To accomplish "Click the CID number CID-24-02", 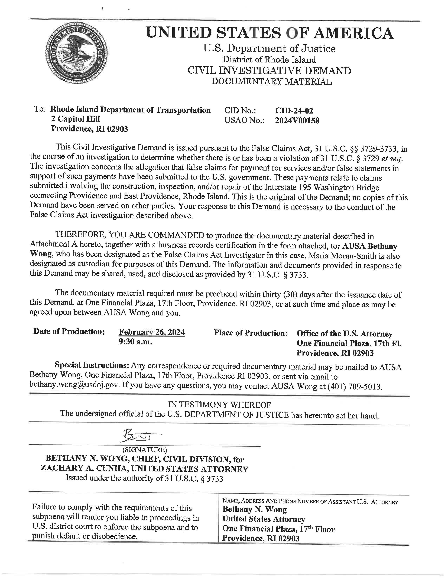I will pyautogui.click(x=294, y=111).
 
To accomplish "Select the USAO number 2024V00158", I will pyautogui.click(x=297, y=121).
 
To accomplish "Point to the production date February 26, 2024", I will pyautogui.click(x=152, y=332).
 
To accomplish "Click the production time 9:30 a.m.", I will pyautogui.click(x=135, y=342).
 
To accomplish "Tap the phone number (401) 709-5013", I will pyautogui.click(x=355, y=387).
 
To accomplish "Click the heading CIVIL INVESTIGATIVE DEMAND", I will pyautogui.click(x=269, y=71).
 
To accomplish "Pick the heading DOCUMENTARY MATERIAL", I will pyautogui.click(x=271, y=82).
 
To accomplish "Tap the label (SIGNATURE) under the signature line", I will pyautogui.click(x=145, y=450).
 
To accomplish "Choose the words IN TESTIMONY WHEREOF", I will pyautogui.click(x=219, y=405).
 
